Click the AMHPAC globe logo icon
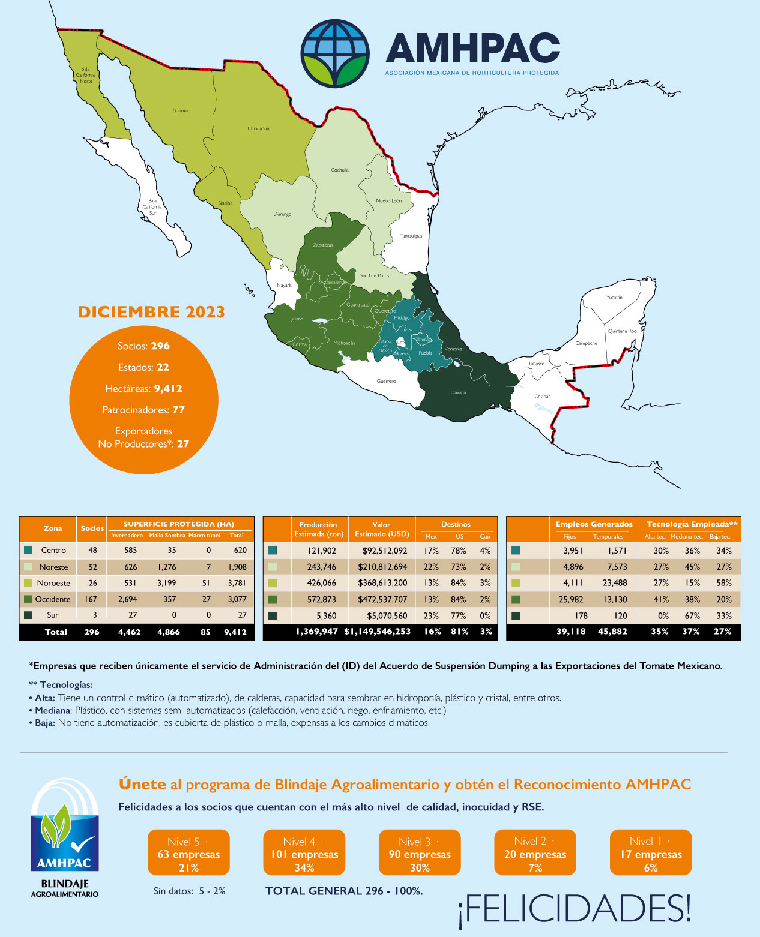334,53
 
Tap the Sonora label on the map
180,111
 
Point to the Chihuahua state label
258,129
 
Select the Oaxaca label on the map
458,393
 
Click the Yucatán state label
614,298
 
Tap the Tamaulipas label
411,236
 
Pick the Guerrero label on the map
386,382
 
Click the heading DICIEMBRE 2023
151,312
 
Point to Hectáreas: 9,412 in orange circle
143,389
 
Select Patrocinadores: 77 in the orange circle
143,410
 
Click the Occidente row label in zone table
53,599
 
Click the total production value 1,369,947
317,632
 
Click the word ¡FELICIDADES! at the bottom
575,908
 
